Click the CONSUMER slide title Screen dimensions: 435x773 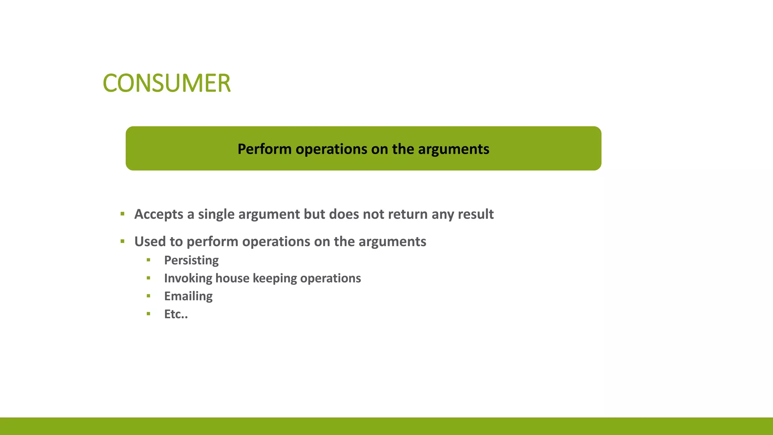coord(166,83)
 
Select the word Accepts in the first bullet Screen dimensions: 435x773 coord(159,214)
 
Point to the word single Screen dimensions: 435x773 coord(216,214)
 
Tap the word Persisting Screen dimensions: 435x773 coord(191,260)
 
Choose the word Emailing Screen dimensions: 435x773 coord(188,296)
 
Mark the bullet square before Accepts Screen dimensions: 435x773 coord(122,214)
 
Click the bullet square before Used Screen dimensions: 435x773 coord(122,241)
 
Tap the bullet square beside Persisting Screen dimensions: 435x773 coord(148,260)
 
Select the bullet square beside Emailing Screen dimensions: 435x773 coord(148,296)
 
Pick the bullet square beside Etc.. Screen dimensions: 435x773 coord(148,313)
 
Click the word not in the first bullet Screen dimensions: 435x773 coord(373,214)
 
